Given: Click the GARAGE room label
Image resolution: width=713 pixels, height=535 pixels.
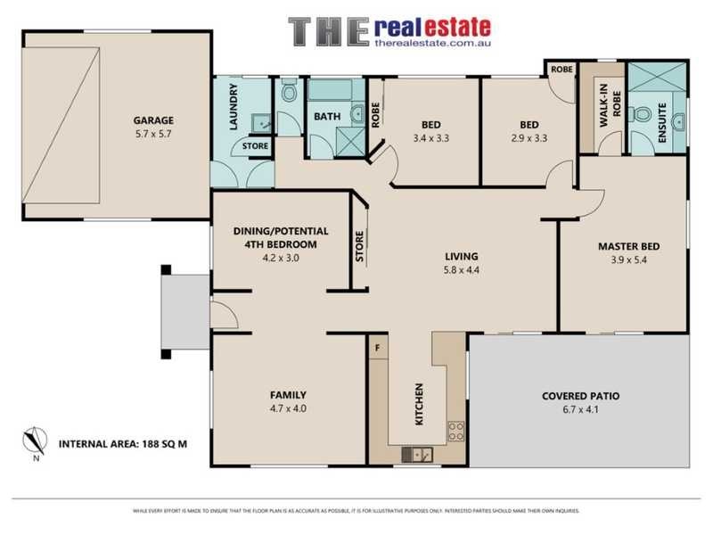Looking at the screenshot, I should [x=153, y=120].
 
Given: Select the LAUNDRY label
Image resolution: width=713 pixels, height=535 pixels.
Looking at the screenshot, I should [x=234, y=108].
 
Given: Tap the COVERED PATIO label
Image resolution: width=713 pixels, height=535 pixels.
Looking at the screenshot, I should [x=580, y=396].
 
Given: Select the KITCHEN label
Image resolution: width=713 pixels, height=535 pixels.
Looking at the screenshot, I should [x=418, y=404].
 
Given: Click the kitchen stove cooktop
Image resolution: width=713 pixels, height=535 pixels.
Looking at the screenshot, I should [x=455, y=432].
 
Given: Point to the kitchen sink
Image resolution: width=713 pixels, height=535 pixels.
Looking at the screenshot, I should [x=416, y=455].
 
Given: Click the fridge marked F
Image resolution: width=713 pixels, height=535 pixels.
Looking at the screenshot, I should [x=378, y=345].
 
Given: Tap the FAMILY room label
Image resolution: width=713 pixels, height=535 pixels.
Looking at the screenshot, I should [x=289, y=394].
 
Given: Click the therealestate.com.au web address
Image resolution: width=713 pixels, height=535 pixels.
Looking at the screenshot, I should [x=433, y=42].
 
